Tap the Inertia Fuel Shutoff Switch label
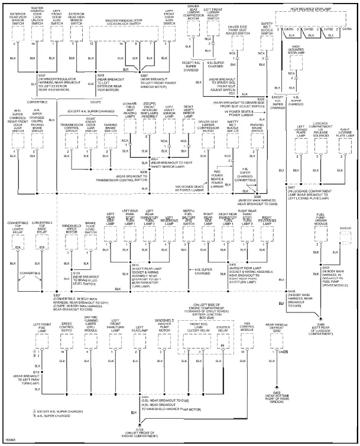(189, 214)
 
